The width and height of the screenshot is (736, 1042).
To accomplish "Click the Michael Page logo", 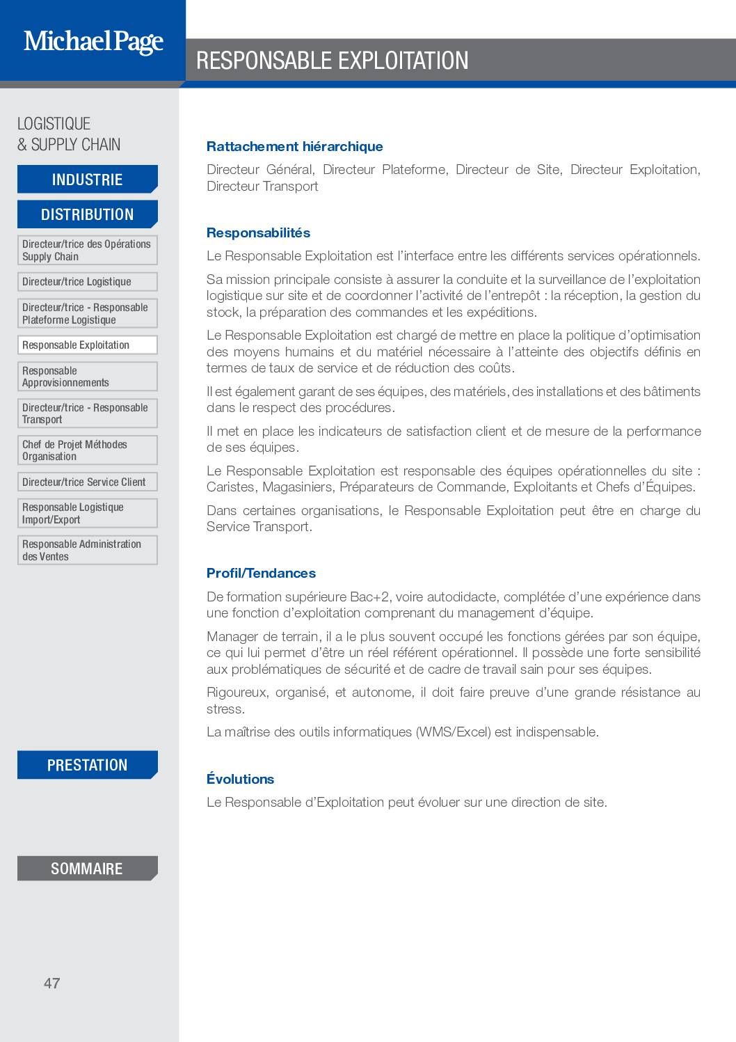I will tap(93, 42).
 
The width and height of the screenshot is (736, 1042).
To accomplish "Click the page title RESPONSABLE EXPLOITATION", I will tap(333, 61).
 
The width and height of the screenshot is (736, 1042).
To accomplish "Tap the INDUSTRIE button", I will tap(88, 180).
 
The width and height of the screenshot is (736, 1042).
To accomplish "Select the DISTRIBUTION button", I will tap(88, 214).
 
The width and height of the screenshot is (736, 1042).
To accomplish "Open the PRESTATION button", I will tap(88, 765).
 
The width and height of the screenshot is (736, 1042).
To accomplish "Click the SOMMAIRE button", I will tap(88, 869).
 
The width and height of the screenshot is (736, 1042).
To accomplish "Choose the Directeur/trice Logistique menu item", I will tap(88, 282).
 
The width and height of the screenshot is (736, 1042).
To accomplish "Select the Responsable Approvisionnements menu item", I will tap(88, 377).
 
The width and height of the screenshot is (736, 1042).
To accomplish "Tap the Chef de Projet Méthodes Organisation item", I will tap(88, 450).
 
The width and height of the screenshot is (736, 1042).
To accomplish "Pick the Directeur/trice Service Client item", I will tap(88, 482).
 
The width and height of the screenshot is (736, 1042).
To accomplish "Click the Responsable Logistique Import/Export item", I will tap(88, 513).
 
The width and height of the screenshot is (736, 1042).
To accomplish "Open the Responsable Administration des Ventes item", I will tap(88, 550).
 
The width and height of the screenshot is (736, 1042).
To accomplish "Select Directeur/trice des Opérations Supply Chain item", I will tap(88, 250).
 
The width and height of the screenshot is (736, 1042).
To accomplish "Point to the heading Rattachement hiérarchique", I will tap(294, 146).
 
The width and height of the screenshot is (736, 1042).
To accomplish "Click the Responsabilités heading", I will tap(258, 232).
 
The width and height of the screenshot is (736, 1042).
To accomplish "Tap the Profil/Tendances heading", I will tap(261, 573).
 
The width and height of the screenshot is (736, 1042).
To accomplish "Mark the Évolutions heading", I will tap(240, 779).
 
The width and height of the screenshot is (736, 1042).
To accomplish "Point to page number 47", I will tap(52, 983).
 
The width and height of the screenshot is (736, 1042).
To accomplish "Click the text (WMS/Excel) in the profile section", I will tap(454, 732).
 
